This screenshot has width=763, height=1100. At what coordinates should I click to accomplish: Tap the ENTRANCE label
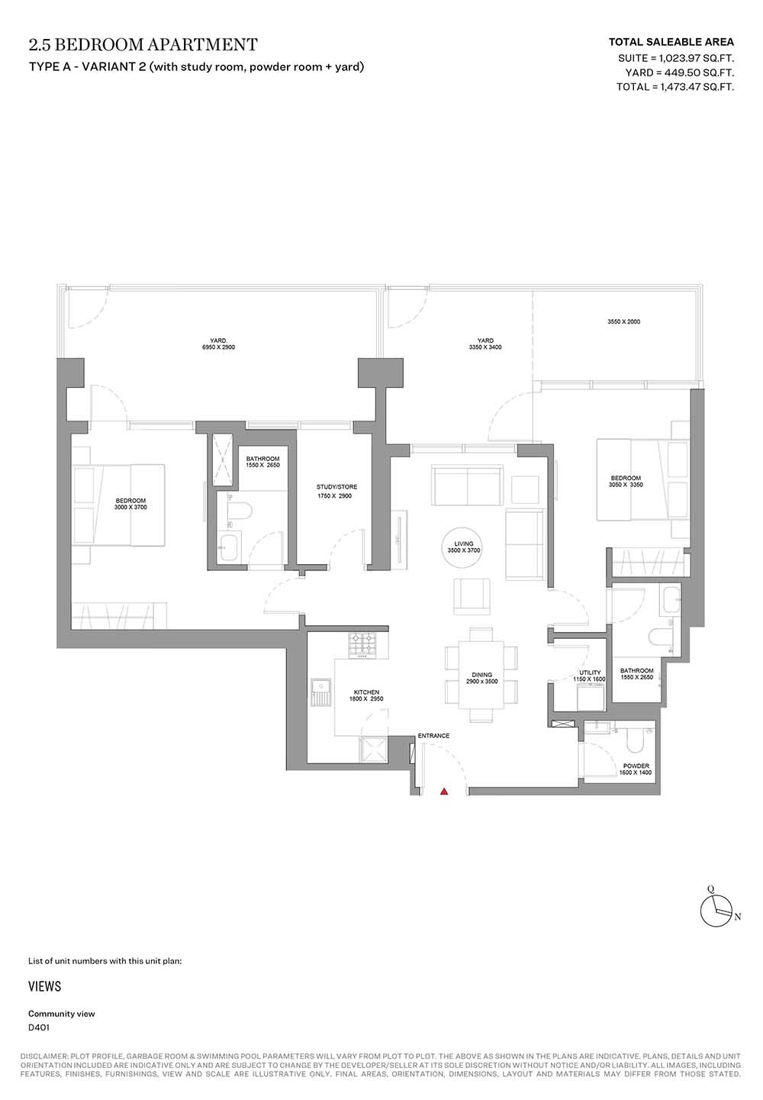[433, 736]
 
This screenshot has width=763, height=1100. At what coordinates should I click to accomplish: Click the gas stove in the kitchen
[362, 645]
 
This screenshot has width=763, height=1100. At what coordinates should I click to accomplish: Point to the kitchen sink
[320, 692]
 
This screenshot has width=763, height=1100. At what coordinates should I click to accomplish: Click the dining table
[481, 675]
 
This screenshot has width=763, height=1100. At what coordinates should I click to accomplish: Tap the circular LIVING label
[463, 547]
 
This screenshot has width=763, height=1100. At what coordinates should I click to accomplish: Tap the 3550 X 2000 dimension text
[623, 321]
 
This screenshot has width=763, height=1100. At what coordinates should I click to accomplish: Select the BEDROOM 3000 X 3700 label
[130, 504]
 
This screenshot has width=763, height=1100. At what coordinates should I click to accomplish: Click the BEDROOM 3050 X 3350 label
[626, 481]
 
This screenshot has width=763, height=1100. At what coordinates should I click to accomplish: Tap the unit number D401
[39, 1027]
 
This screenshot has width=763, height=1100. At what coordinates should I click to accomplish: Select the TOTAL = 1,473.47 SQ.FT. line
[675, 87]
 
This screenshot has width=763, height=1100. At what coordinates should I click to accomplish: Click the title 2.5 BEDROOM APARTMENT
[143, 45]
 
